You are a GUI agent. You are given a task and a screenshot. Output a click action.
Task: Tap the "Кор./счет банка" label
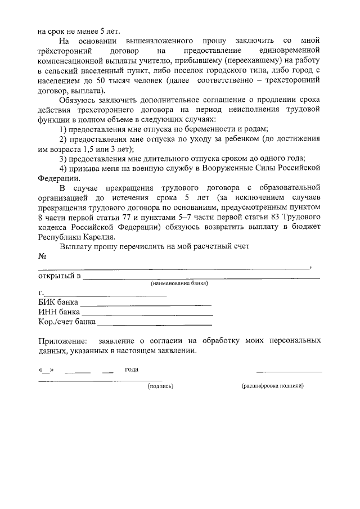pyautogui.click(x=66, y=322)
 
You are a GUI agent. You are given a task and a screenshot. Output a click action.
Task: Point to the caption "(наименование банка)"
pyautogui.click(x=179, y=283)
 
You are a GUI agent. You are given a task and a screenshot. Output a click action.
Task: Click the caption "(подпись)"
pyautogui.click(x=160, y=386)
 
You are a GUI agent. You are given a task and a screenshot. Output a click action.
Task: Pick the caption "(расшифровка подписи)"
pyautogui.click(x=272, y=386)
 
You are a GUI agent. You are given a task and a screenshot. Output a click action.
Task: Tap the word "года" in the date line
pyautogui.click(x=132, y=370)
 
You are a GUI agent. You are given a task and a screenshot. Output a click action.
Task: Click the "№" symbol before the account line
pyautogui.click(x=42, y=256)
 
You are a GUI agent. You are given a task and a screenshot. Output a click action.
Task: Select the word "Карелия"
pyautogui.click(x=101, y=237)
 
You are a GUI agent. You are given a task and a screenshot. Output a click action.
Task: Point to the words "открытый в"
pyautogui.click(x=59, y=276)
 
